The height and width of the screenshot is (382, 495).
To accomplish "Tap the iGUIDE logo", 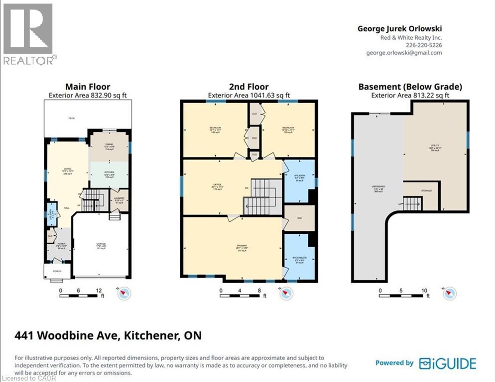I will [447, 363].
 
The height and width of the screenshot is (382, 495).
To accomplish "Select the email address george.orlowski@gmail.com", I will [403, 53].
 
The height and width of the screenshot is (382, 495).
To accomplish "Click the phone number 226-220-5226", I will [423, 45].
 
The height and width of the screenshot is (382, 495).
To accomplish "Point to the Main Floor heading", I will [88, 87].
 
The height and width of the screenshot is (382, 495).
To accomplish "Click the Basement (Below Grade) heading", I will [410, 87].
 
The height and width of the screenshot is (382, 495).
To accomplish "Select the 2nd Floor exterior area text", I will [248, 95].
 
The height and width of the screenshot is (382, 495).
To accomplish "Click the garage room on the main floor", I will [101, 246].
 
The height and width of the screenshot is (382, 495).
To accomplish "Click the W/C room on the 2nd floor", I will [299, 218].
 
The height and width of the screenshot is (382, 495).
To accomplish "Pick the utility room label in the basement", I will [435, 148].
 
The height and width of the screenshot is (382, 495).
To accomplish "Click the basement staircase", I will [412, 203].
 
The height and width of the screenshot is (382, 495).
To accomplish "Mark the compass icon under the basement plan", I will [450, 293].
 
